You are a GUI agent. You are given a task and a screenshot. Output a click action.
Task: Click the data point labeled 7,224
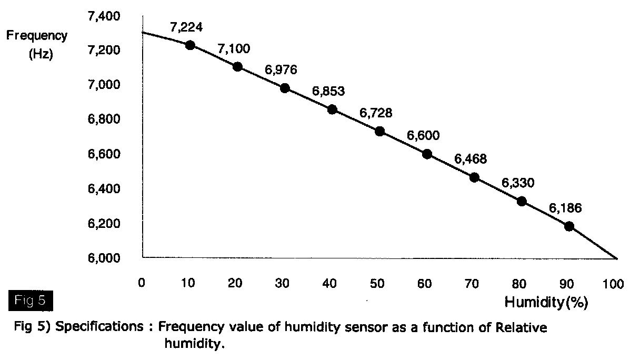tap(190, 45)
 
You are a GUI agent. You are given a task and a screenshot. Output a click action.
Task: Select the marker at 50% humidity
tap(379, 131)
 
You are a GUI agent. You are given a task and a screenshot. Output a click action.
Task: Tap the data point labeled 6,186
tap(569, 226)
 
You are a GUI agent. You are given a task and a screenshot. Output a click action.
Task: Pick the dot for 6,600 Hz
tap(427, 154)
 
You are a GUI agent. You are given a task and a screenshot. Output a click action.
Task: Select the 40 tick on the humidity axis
tap(329, 284)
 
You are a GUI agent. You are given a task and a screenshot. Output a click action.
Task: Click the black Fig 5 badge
tap(31, 301)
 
